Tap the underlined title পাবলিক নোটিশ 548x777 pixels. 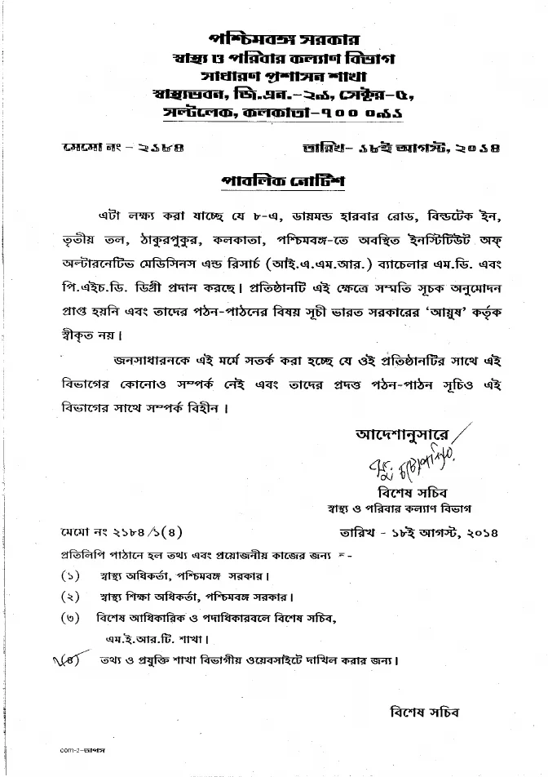point(273,181)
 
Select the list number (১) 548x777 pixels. point(70,575)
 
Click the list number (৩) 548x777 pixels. point(70,615)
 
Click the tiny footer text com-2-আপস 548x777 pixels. point(85,748)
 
